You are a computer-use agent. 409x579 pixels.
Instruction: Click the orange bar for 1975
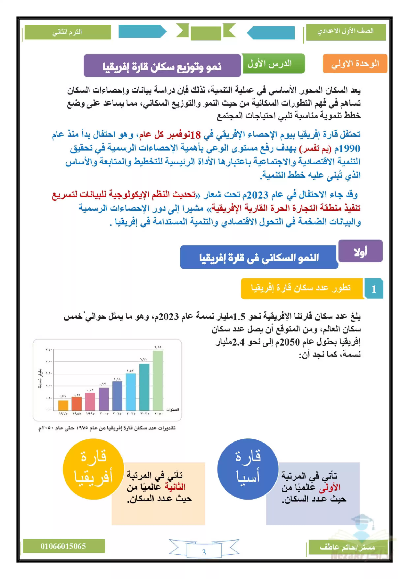[63, 405]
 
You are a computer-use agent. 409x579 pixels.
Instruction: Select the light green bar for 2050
[158, 381]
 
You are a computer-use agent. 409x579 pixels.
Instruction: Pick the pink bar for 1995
[90, 402]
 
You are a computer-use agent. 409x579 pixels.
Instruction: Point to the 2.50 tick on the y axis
[49, 350]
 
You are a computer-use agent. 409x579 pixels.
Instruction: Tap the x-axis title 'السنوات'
[173, 410]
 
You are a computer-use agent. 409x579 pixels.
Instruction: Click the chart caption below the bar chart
[107, 428]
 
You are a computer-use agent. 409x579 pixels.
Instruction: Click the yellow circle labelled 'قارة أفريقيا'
[93, 469]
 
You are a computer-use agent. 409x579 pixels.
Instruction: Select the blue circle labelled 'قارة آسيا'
[248, 469]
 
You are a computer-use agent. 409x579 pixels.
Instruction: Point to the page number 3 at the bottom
[204, 552]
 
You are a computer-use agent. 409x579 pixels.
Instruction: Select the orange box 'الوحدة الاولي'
[355, 64]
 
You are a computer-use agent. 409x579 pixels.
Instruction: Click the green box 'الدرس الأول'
[273, 64]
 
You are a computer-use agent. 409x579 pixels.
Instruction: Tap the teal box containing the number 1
[374, 289]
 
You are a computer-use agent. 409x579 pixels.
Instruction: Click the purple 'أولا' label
[360, 251]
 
